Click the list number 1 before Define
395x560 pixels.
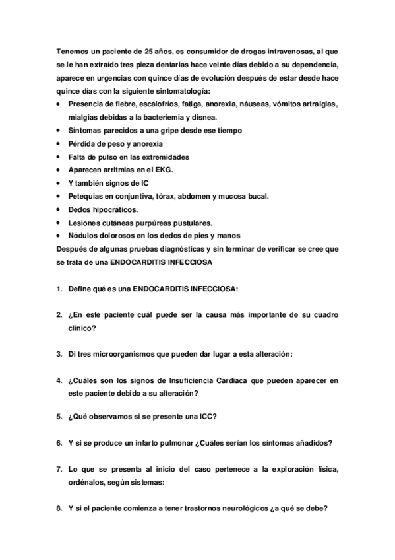pyautogui.click(x=58, y=289)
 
